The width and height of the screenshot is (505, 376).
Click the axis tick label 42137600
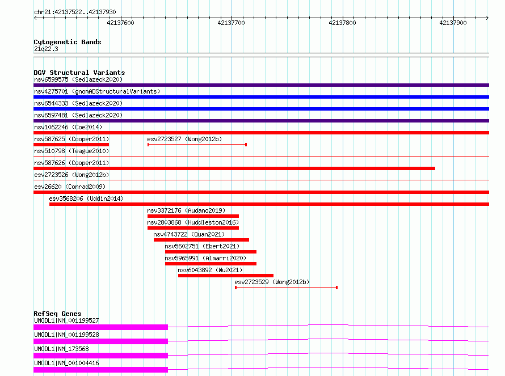click(120, 23)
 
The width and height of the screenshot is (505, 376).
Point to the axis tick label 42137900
click(453, 23)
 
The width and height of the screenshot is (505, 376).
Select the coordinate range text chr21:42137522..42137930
click(75, 12)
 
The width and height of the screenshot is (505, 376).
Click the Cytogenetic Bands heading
click(68, 42)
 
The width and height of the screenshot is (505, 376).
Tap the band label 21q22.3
click(46, 49)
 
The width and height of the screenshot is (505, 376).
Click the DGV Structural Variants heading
click(79, 73)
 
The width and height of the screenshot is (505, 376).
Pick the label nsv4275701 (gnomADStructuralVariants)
click(97, 91)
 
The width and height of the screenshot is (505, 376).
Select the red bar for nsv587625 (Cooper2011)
click(71, 145)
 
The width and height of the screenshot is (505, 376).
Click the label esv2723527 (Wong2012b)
click(184, 139)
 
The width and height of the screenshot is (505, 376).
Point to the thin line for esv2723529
click(287, 288)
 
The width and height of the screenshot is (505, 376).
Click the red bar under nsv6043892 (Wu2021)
click(226, 276)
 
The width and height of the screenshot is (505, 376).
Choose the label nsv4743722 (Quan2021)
click(189, 234)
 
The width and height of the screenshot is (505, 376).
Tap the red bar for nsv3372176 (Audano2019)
click(193, 216)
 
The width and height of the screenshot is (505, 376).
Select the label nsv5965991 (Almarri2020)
click(205, 258)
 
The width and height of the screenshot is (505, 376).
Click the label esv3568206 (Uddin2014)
click(86, 198)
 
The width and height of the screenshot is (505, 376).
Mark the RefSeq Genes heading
click(57, 314)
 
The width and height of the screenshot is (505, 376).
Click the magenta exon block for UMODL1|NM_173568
click(101, 356)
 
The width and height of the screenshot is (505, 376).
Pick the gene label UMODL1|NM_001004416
click(66, 363)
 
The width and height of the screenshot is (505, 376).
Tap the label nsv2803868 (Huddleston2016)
click(193, 222)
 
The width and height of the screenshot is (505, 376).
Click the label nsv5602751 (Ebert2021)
click(202, 246)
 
